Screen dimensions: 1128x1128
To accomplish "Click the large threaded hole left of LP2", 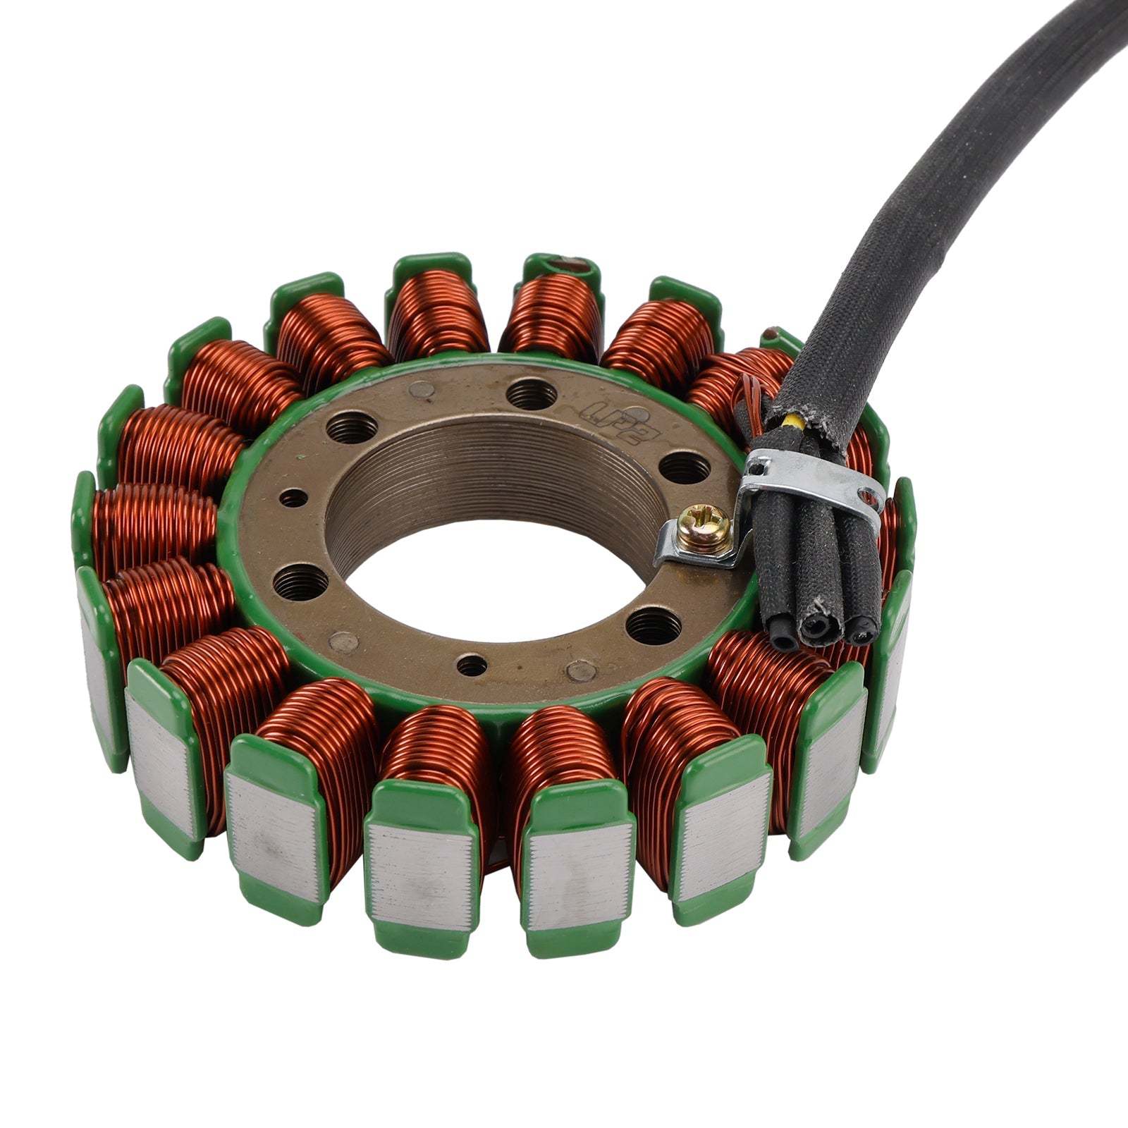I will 531,393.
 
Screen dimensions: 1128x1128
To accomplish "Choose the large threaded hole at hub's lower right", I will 654,625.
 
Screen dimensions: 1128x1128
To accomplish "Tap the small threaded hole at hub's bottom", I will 471,665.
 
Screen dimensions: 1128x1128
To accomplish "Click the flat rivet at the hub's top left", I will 422,388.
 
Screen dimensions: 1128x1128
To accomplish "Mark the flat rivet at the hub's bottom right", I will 580,670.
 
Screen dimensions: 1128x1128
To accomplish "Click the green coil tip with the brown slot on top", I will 562,266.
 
